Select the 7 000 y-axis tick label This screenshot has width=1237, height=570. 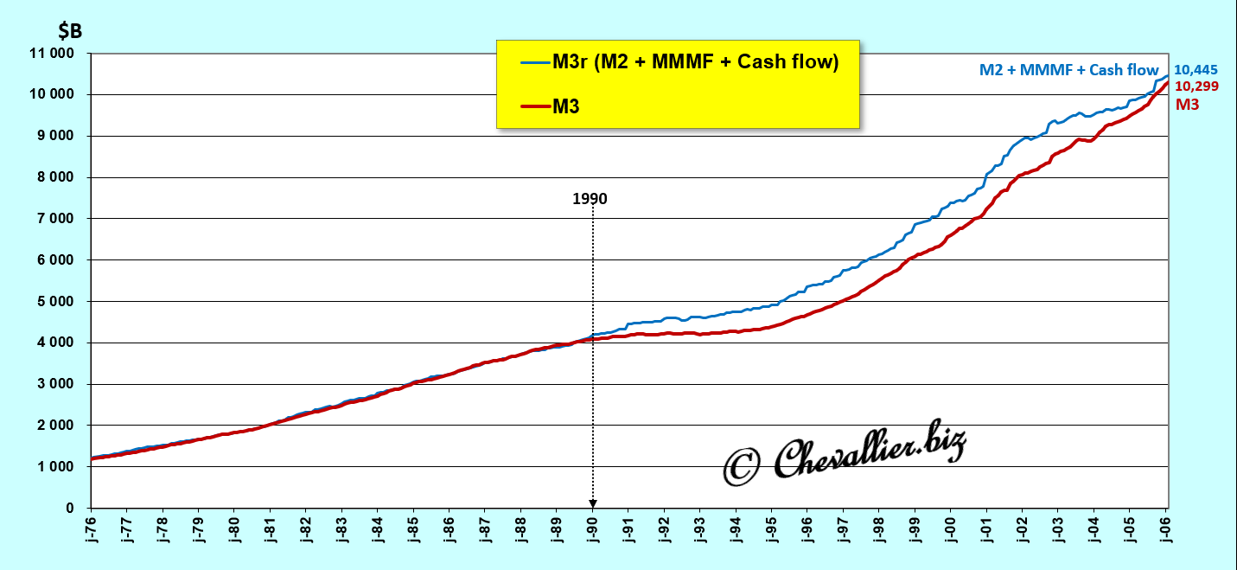(x=60, y=219)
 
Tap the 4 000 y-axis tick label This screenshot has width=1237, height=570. (x=60, y=343)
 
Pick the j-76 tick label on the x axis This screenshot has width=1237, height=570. (x=92, y=528)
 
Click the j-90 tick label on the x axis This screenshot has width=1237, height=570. (x=592, y=528)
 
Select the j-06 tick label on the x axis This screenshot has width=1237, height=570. (x=1166, y=528)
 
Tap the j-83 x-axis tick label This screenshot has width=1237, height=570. (x=342, y=528)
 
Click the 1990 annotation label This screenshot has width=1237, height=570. (x=590, y=199)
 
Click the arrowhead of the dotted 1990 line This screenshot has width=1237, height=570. (x=592, y=503)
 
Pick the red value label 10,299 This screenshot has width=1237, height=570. (x=1193, y=86)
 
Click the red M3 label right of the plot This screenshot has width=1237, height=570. (x=1188, y=104)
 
